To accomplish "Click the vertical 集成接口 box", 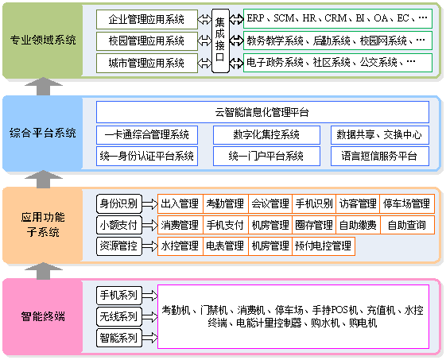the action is point(220,41).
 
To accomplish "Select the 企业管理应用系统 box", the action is point(147,19).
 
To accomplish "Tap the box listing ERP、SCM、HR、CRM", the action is point(338,18).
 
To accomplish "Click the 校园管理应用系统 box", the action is point(147,41).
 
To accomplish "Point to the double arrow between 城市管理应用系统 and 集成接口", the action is point(204,63).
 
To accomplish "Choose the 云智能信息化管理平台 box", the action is point(262,112).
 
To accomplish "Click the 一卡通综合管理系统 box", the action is point(147,134).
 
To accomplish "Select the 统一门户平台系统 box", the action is point(266,156).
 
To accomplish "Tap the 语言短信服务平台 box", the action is point(380,156).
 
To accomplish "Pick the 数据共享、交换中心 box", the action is point(380,134).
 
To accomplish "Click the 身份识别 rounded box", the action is point(119,203).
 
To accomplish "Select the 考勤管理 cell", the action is point(225,203).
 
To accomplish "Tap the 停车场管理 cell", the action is point(407,203).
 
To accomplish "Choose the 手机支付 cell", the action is point(225,225).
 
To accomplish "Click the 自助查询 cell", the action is point(407,225).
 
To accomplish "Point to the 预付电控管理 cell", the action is point(324,246).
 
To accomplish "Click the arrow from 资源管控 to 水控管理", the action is point(149,246).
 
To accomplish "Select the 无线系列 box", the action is point(119,316).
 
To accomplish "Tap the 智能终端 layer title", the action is point(43,316).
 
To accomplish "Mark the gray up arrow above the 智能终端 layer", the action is point(43,270).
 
